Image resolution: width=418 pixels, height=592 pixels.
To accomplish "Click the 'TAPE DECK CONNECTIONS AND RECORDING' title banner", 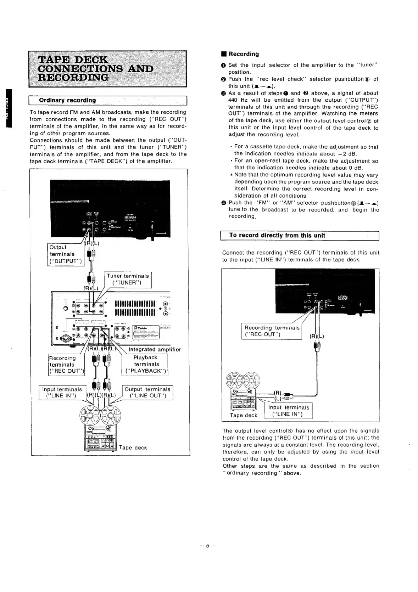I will pos(107,69).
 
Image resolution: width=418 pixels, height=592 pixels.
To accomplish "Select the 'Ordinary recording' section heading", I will pos(67,100).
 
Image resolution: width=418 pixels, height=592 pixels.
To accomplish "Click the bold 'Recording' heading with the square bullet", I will pos(243,54).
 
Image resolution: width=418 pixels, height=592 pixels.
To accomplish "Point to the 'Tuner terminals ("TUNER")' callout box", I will pos(128,279).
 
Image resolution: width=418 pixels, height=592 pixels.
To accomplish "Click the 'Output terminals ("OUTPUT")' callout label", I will pos(65,254).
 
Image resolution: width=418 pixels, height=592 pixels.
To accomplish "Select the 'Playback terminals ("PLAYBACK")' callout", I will pos(146,364).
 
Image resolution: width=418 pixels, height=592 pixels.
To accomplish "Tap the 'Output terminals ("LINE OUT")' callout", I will pos(147,393).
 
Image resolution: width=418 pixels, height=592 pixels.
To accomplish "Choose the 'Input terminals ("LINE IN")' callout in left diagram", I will pos(62,393).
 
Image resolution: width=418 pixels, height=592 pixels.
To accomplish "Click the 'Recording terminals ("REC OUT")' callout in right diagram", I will pos(272,331).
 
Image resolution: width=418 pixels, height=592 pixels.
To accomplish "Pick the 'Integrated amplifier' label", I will pos(155,350).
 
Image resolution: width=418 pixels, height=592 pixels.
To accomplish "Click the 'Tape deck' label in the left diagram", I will pos(133,447).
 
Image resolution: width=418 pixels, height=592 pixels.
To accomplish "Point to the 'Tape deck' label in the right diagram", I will pos(243,415).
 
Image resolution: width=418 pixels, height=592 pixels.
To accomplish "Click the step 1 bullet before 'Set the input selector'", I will pos(224,65).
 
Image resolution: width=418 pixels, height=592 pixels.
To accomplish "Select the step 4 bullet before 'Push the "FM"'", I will pos(224,203).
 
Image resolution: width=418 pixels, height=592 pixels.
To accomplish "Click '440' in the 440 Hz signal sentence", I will pos(234,100).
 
